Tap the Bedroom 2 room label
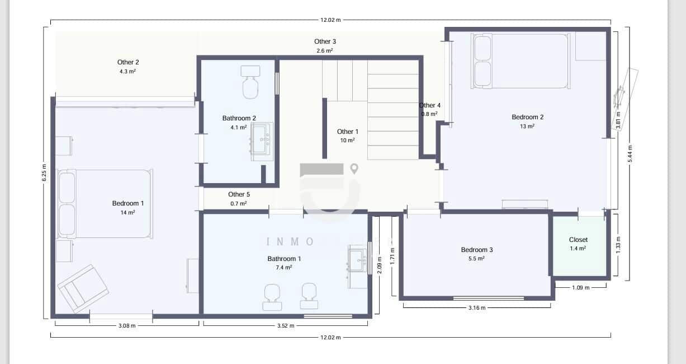click(527, 117)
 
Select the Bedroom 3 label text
click(476, 250)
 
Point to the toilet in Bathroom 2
click(250, 83)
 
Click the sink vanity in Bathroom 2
click(261, 142)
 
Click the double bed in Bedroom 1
click(105, 204)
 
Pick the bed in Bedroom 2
click(520, 60)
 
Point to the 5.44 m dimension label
click(630, 153)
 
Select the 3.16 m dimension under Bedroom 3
click(476, 307)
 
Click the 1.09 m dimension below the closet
click(581, 288)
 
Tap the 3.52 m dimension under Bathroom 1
click(285, 325)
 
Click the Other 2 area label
click(127, 62)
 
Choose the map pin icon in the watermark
click(354, 169)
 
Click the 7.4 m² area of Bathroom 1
click(283, 268)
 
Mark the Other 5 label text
click(239, 194)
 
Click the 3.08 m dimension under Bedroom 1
click(126, 325)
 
